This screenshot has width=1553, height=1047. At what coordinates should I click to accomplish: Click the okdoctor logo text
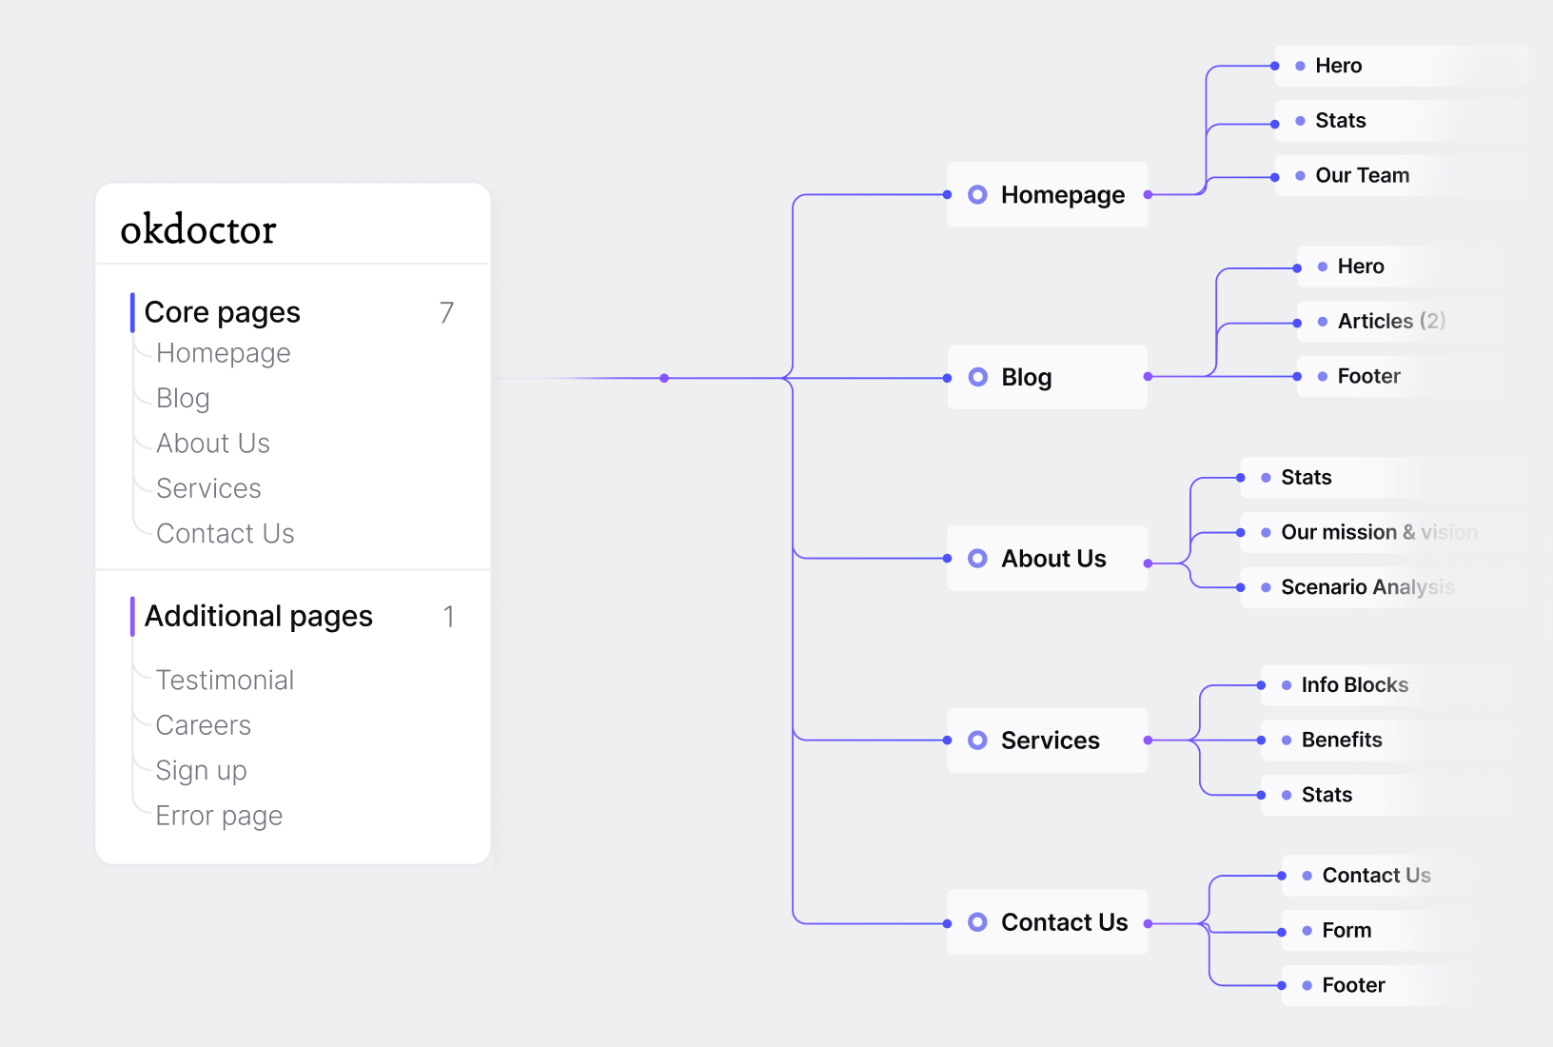pyautogui.click(x=198, y=228)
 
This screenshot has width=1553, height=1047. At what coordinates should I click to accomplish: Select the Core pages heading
pyautogui.click(x=222, y=312)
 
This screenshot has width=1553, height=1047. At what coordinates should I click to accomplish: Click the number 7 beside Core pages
pyautogui.click(x=446, y=313)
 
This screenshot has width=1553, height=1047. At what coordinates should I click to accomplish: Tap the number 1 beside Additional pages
pyautogui.click(x=449, y=617)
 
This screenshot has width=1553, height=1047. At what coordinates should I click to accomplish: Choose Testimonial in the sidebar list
pyautogui.click(x=225, y=681)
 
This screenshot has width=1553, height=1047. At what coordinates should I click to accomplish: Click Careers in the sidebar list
pyautogui.click(x=203, y=725)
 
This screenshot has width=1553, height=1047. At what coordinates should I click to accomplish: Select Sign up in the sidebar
pyautogui.click(x=201, y=771)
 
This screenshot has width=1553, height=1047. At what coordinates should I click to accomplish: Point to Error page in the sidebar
pyautogui.click(x=219, y=816)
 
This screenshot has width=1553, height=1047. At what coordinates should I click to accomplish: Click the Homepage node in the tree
pyautogui.click(x=1047, y=195)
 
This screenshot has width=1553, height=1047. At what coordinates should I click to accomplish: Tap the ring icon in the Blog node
pyautogui.click(x=977, y=377)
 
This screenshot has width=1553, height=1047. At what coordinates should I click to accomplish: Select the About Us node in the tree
pyautogui.click(x=1047, y=559)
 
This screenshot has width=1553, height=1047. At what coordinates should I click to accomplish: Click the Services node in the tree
pyautogui.click(x=1047, y=741)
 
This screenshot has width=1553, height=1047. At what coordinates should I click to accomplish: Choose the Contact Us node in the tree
pyautogui.click(x=1047, y=922)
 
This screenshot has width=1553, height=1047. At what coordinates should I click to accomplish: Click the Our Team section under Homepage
pyautogui.click(x=1363, y=175)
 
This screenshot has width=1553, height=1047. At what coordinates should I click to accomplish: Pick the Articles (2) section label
pyautogui.click(x=1391, y=321)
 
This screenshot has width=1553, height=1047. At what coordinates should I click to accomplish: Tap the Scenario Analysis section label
pyautogui.click(x=1367, y=587)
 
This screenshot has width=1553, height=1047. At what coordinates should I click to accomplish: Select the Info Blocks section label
pyautogui.click(x=1355, y=685)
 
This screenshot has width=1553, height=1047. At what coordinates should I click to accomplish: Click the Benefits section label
pyautogui.click(x=1342, y=740)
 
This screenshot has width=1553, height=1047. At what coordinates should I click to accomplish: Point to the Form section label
pyautogui.click(x=1347, y=931)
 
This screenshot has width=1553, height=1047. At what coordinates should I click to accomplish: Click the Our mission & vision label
pyautogui.click(x=1379, y=532)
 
